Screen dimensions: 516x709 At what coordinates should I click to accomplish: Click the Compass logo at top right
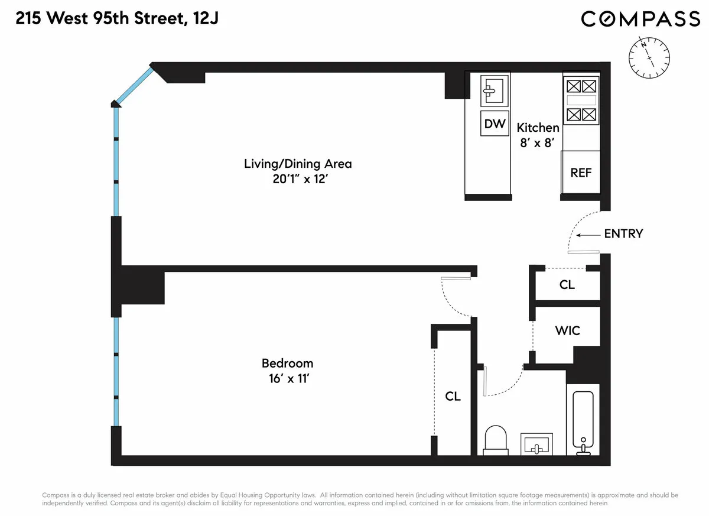(x=640, y=19)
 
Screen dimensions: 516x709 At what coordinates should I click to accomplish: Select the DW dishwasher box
(x=495, y=124)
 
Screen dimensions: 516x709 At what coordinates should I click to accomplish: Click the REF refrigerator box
(x=581, y=173)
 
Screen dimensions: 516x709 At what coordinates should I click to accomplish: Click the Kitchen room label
(x=538, y=128)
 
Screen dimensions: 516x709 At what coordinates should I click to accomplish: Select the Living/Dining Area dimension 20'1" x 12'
(x=298, y=178)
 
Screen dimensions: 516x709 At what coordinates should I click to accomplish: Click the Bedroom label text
(x=287, y=363)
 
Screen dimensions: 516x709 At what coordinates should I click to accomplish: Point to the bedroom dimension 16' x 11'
(x=287, y=378)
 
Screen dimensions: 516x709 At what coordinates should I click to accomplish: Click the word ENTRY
(x=623, y=233)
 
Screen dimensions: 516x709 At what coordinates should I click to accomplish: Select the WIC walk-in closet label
(x=567, y=330)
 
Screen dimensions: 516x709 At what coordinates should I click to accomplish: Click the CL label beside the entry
(x=567, y=285)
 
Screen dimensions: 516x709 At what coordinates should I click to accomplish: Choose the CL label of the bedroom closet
(x=453, y=396)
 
